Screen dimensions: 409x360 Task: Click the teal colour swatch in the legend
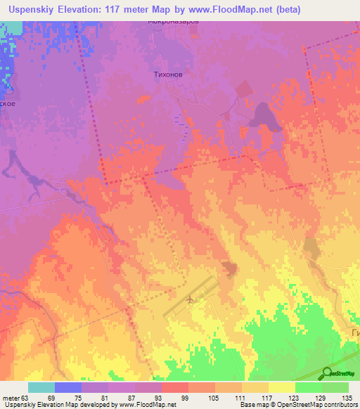[41, 387]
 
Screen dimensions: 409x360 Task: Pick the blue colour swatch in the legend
[67, 387]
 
